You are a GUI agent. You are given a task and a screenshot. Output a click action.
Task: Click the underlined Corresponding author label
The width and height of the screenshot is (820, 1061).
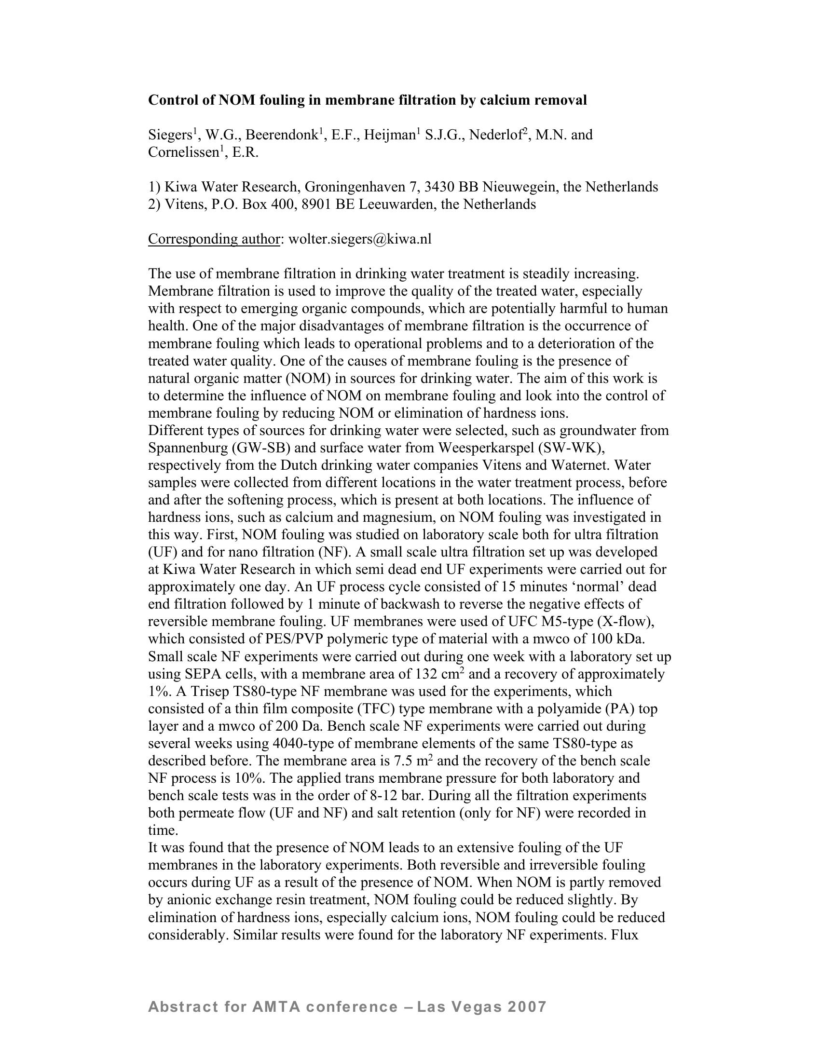click(x=214, y=239)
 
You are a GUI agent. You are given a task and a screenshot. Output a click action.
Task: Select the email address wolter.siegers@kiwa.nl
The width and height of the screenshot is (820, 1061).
click(x=359, y=239)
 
